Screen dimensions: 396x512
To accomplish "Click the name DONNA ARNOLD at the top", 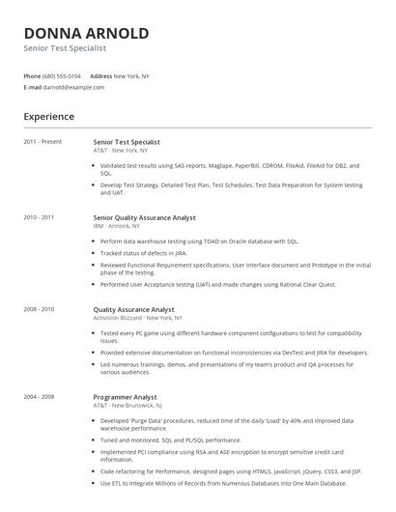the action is pos(86,33).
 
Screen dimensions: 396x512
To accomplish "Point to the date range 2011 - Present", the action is pos(42,141).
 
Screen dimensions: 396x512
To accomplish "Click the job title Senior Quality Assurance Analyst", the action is pos(144,218).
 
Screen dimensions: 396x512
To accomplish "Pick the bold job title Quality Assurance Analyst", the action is pos(133,309).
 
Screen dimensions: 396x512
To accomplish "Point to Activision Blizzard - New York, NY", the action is pos(137,318).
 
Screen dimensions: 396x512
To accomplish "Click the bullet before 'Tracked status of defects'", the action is pos(95,252).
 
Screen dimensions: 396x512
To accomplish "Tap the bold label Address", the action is pos(100,75).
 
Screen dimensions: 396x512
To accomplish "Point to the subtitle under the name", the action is pos(65,47).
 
